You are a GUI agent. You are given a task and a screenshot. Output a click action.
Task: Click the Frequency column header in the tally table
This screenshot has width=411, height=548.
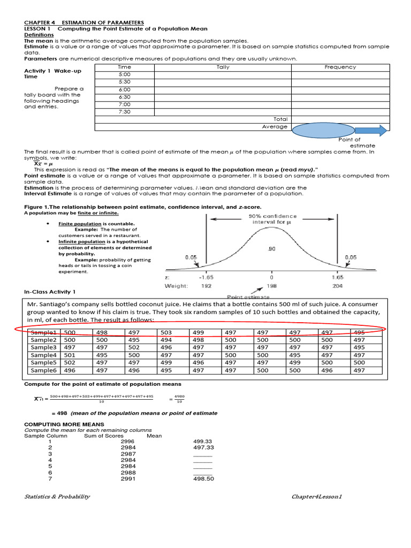[340, 67]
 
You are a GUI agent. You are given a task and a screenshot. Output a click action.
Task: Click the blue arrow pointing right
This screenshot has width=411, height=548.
[371, 130]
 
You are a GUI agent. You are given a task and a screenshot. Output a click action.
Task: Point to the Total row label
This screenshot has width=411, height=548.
[280, 119]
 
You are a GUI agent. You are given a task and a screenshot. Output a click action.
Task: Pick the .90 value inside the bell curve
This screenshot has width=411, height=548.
[272, 248]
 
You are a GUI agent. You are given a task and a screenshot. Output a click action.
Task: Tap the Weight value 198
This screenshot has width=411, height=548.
[272, 286]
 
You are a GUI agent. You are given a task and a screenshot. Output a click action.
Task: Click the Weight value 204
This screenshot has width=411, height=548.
[337, 286]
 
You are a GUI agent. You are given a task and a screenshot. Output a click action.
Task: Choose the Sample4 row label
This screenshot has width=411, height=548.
[43, 355]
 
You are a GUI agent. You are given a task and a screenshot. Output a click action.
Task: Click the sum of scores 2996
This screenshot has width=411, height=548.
[128, 442]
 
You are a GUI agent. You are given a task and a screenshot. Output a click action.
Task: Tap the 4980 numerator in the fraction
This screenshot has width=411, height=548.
[180, 395]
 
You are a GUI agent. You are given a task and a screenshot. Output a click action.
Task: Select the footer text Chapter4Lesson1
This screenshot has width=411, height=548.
[316, 497]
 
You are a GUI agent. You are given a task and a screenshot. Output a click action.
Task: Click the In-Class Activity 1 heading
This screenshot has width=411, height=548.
[50, 292]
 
